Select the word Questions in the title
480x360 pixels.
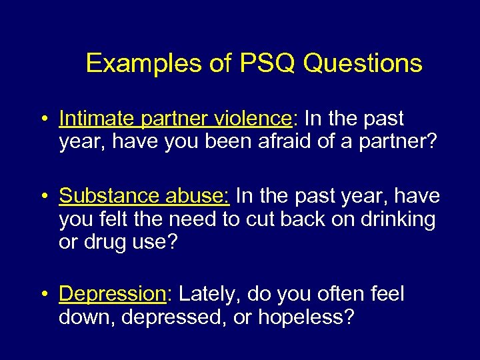[x=363, y=63]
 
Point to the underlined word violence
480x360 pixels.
[x=253, y=119]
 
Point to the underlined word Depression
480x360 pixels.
[x=111, y=294]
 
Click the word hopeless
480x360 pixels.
[x=306, y=317]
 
